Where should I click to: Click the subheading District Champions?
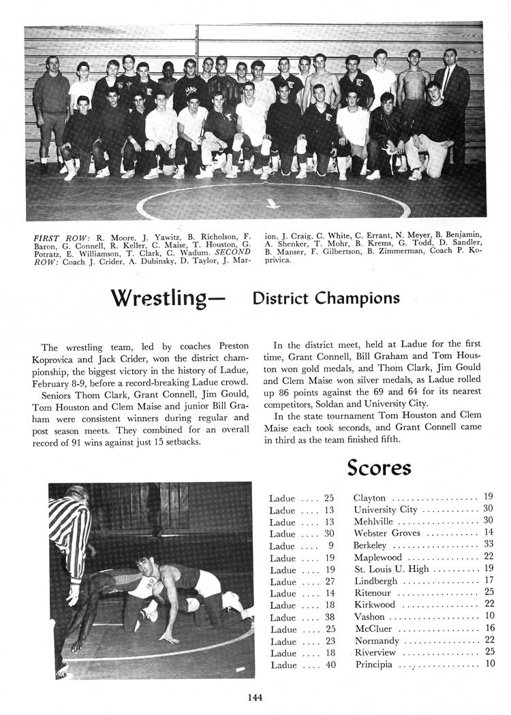(x=326, y=298)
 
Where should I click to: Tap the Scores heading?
(x=379, y=468)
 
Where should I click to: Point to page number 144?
(x=255, y=697)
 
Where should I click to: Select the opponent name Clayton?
(x=370, y=498)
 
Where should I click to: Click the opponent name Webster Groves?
(x=387, y=533)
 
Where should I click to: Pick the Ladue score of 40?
(x=330, y=665)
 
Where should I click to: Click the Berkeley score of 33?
(x=488, y=545)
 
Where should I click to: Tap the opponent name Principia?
(x=374, y=665)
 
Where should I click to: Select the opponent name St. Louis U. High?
(x=391, y=569)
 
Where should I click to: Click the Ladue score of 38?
(x=330, y=617)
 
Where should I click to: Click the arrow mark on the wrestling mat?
(x=273, y=203)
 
